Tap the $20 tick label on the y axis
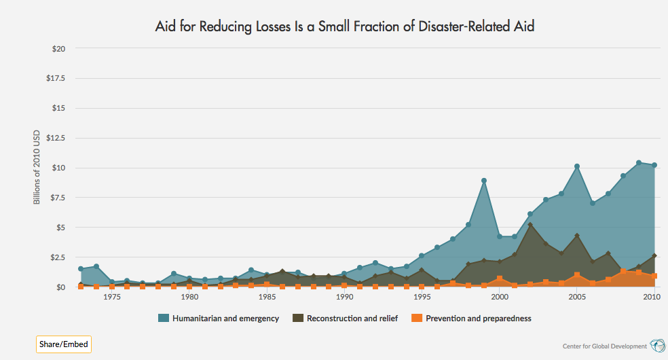(58, 49)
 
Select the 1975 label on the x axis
(112, 297)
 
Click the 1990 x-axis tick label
(344, 297)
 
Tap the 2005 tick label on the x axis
(576, 297)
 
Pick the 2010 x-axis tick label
(653, 297)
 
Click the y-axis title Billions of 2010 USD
(37, 167)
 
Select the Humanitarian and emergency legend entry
(219, 318)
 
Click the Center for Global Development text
(605, 346)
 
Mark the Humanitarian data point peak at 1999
(484, 181)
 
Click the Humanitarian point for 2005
(576, 166)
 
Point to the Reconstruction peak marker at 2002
(530, 225)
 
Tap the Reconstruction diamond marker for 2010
(654, 256)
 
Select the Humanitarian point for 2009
(639, 163)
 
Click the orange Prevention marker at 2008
(623, 272)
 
